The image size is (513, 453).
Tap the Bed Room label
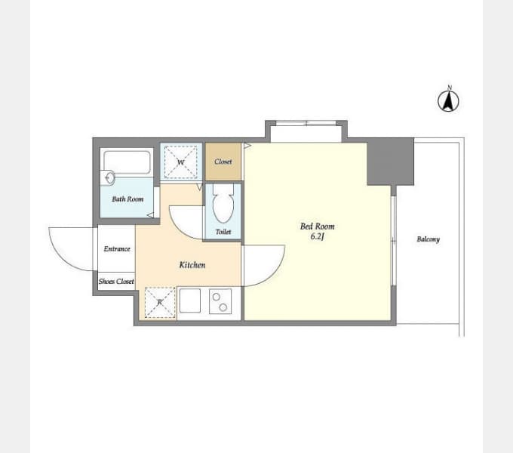[317, 226]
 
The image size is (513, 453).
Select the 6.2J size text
[317, 236]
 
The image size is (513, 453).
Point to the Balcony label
[428, 239]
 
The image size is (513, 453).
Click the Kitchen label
[192, 265]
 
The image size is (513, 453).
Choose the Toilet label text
[223, 232]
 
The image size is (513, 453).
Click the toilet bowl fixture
[223, 203]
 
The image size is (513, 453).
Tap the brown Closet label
[223, 162]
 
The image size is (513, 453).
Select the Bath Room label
[127, 199]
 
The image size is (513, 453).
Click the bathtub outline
[127, 162]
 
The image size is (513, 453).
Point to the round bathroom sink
[110, 177]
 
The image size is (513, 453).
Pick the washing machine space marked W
[180, 162]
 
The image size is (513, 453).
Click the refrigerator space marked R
[160, 302]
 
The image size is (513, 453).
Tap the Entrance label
[117, 248]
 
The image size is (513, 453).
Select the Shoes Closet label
[116, 281]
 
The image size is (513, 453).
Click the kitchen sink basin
[190, 300]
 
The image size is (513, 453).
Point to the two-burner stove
[220, 301]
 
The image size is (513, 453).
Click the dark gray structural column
[390, 162]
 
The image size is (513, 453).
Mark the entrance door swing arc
[62, 258]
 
